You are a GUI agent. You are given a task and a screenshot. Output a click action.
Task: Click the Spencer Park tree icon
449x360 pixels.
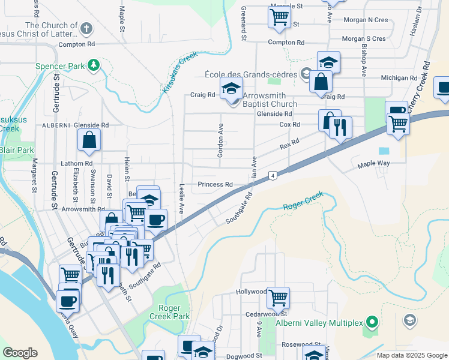(93, 65)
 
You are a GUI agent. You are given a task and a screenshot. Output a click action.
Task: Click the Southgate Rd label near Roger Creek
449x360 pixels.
(240, 208)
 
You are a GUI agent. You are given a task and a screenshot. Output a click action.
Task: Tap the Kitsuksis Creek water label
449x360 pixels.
(179, 73)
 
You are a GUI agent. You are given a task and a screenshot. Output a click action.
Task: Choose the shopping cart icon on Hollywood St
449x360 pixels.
(279, 296)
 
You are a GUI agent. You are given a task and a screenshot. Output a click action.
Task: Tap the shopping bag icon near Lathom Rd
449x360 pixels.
(89, 140)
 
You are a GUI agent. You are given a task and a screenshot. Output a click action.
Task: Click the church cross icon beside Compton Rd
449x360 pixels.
(86, 28)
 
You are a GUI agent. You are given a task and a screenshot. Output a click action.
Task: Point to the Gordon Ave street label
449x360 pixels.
(220, 141)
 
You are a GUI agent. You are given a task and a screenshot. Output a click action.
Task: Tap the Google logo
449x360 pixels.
(20, 353)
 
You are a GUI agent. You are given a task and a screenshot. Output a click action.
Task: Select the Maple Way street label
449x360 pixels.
(373, 164)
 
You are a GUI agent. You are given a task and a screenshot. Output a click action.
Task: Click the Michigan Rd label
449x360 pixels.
(399, 78)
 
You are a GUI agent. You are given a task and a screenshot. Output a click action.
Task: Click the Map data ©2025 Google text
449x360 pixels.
(411, 355)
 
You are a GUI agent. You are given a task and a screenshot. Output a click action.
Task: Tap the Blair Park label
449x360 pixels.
(16, 150)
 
